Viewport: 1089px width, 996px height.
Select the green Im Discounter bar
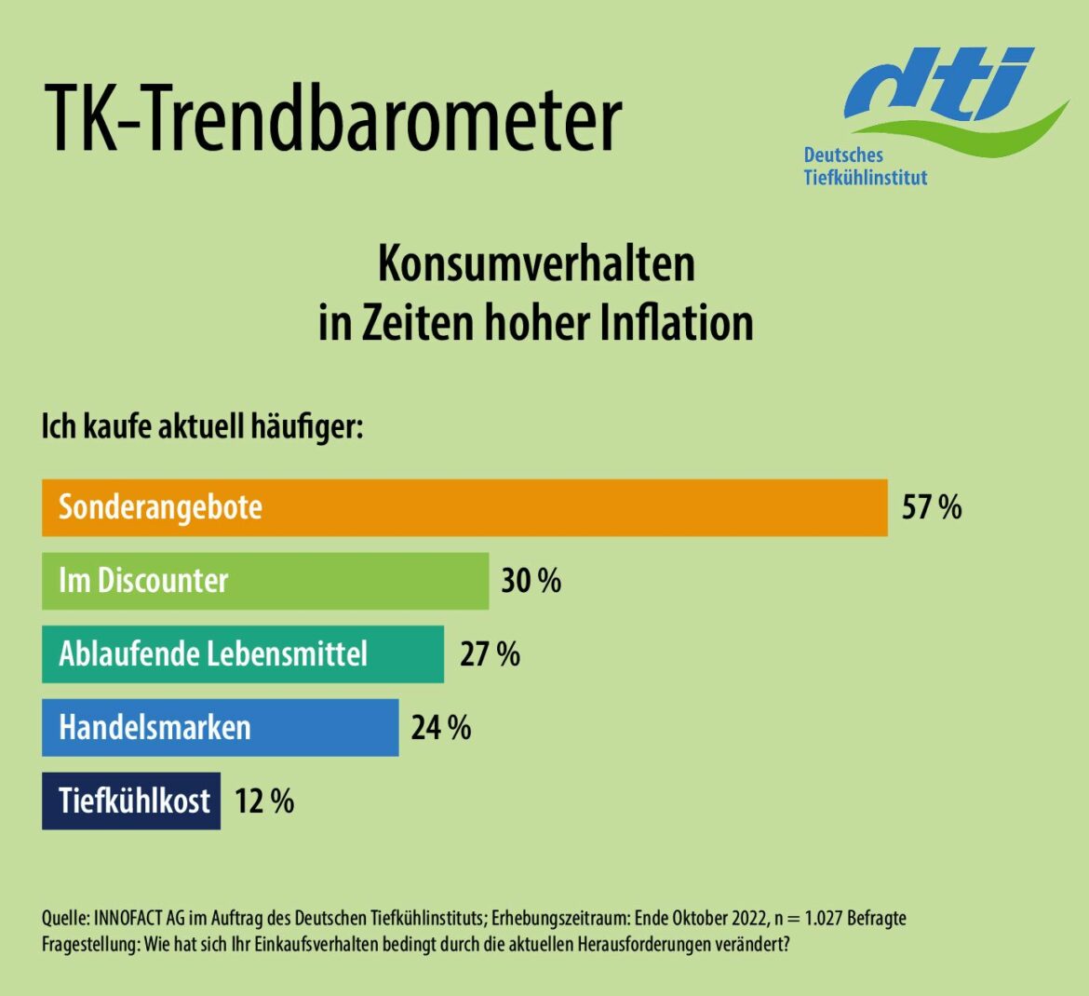[x=264, y=581]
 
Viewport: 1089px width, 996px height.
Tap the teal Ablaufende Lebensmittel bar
[x=242, y=653]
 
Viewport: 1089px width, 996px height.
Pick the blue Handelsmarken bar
[x=220, y=727]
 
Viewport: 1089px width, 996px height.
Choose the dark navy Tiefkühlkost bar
[x=130, y=801]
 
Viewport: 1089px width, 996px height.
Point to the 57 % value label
[x=931, y=507]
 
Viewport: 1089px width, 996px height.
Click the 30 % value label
[x=531, y=581]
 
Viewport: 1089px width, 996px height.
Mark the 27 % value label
[x=490, y=653]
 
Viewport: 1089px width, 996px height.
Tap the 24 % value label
[x=440, y=727]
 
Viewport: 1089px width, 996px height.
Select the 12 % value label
[x=263, y=801]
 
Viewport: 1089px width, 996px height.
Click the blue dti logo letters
[x=940, y=87]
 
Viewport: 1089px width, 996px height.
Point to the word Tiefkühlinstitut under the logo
[x=866, y=177]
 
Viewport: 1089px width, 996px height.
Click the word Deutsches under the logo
[x=843, y=155]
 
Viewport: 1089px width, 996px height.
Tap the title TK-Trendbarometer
[x=332, y=119]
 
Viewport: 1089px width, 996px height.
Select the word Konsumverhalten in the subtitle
[x=536, y=264]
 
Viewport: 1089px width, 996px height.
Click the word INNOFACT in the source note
[x=128, y=919]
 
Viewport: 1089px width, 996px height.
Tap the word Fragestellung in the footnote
[x=89, y=943]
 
